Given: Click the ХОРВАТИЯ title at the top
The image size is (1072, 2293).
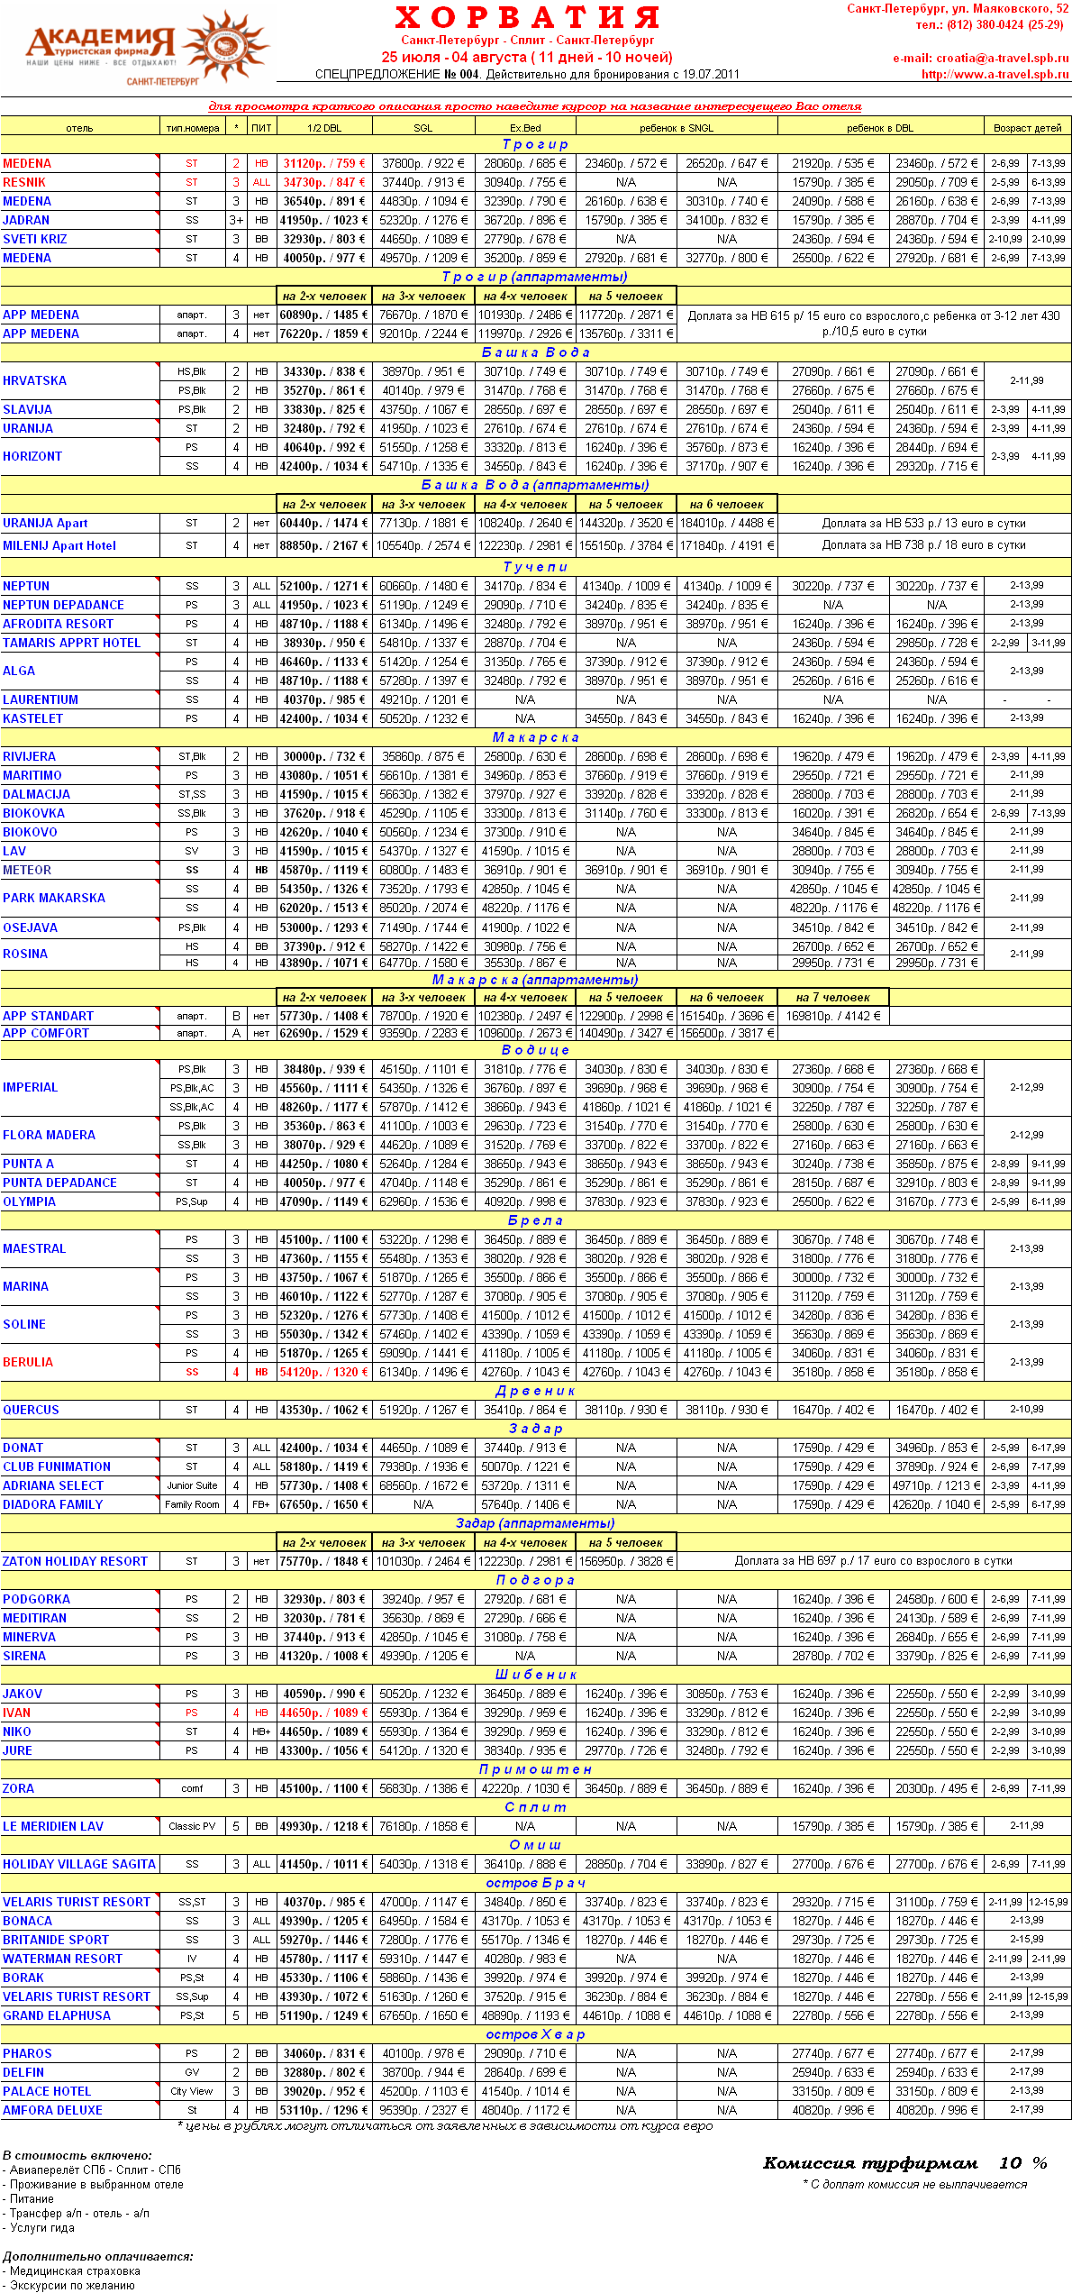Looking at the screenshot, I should tap(528, 18).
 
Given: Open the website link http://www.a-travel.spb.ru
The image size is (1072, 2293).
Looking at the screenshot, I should tap(995, 75).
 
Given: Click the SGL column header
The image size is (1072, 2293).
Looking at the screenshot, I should tap(422, 128).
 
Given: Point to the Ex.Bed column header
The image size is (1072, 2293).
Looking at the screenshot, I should tap(525, 128).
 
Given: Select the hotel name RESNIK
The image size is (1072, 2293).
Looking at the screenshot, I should tap(24, 182).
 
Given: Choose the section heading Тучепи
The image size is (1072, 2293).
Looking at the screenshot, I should tap(535, 567).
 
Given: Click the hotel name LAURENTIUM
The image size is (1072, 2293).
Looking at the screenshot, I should tap(41, 699).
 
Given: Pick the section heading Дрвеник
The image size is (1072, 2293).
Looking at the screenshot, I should tap(535, 1391).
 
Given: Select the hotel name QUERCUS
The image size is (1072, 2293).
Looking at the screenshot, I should tap(31, 1410).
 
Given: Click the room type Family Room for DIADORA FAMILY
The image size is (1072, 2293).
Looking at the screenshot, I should tap(192, 1504).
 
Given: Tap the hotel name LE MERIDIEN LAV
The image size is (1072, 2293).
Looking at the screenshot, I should tap(53, 1826).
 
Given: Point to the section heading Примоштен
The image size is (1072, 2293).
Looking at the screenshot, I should tap(535, 1769).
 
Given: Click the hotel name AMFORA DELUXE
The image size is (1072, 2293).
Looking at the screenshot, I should tap(52, 2110).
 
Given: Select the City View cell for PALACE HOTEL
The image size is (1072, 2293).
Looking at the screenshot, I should tap(192, 2091).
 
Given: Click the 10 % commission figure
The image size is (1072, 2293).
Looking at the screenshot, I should tap(1022, 2163).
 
